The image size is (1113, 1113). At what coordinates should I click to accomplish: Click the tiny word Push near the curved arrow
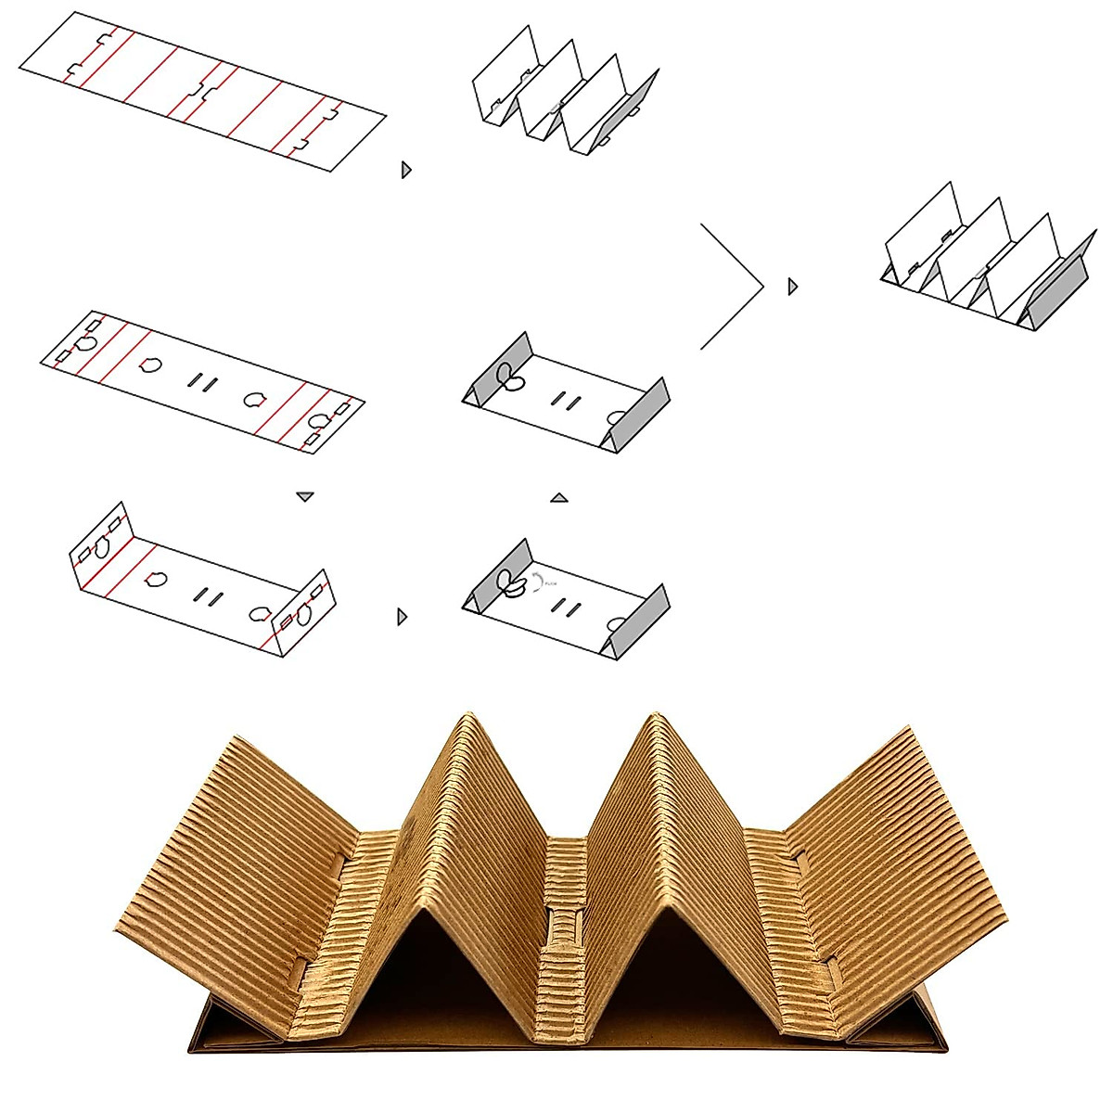pyautogui.click(x=551, y=583)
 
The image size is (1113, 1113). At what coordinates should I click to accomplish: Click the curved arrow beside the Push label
pyautogui.click(x=535, y=580)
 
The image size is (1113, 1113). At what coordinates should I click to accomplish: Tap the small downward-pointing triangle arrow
pyautogui.click(x=305, y=497)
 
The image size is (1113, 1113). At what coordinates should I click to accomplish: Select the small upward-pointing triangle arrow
pyautogui.click(x=558, y=498)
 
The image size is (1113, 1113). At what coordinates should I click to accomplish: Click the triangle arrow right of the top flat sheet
pyautogui.click(x=405, y=170)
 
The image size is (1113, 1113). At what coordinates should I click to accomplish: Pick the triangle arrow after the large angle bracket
pyautogui.click(x=792, y=287)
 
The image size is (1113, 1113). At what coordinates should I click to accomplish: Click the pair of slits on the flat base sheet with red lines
pyautogui.click(x=203, y=381)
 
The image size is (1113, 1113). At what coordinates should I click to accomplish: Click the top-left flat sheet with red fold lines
pyautogui.click(x=202, y=91)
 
